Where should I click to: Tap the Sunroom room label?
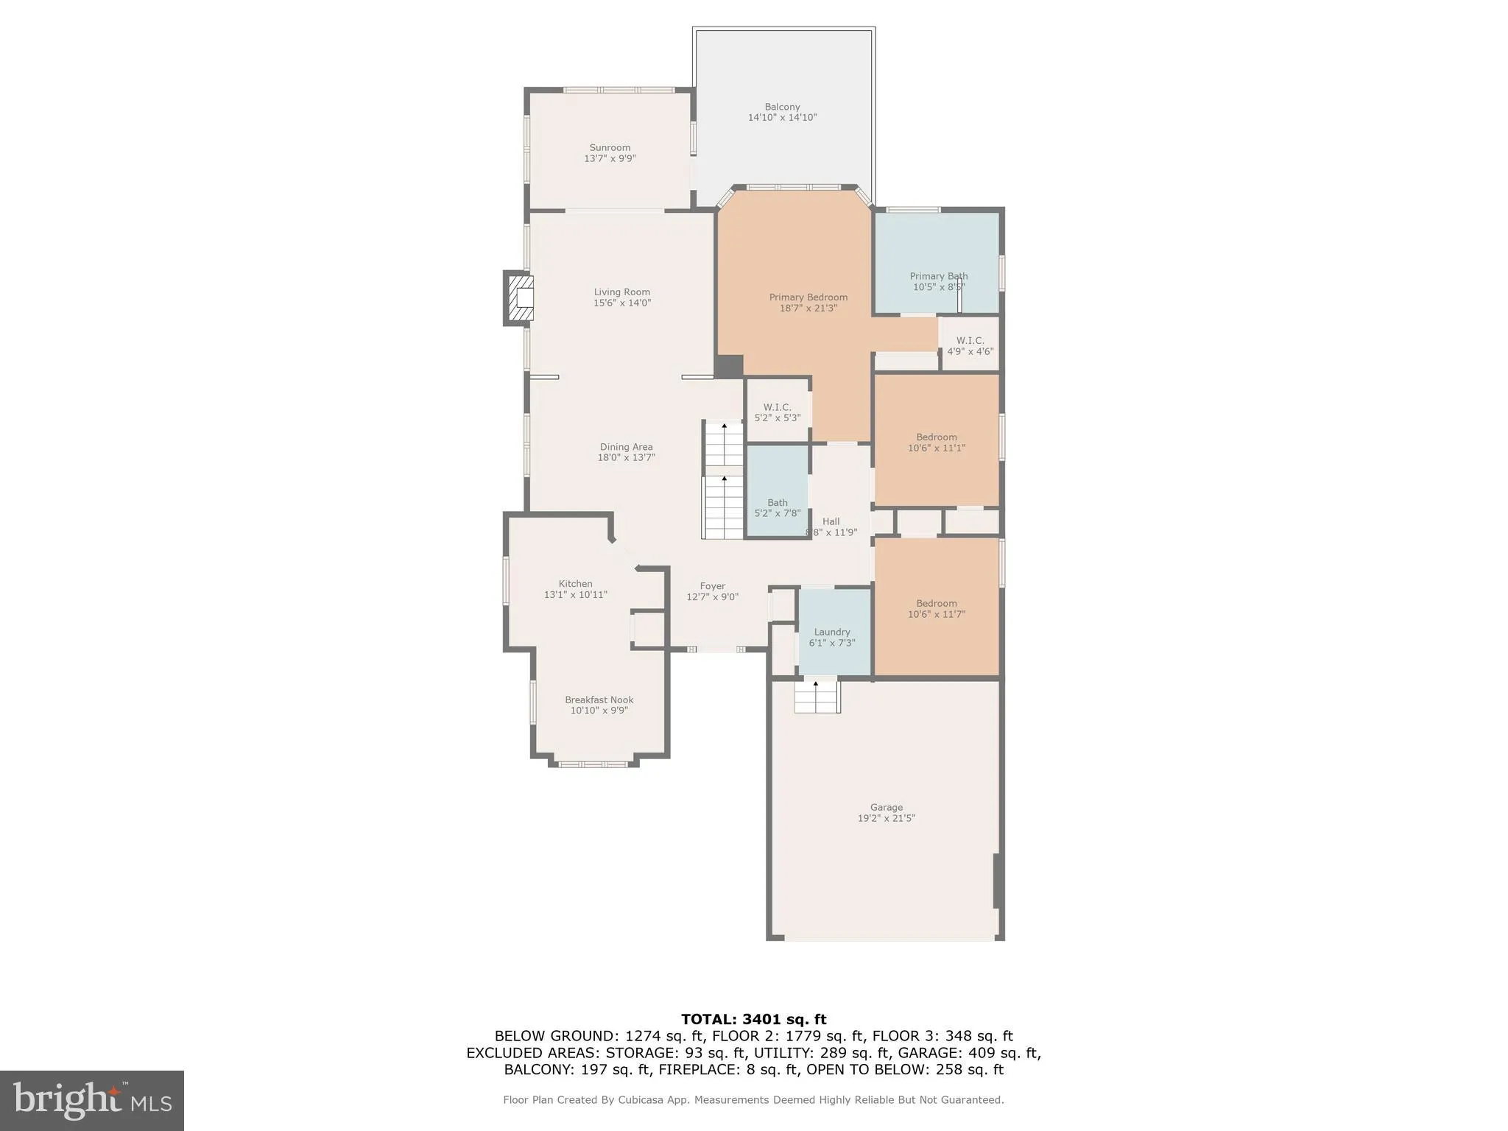click(610, 147)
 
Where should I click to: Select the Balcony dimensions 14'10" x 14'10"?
click(782, 117)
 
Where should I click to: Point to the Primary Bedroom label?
click(808, 297)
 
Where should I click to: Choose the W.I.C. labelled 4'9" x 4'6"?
click(970, 345)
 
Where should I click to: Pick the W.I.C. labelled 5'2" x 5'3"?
click(777, 412)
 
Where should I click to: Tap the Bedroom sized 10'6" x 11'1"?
click(936, 442)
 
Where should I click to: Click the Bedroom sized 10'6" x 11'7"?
click(936, 608)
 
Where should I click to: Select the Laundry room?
click(832, 637)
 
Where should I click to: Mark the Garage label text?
click(886, 807)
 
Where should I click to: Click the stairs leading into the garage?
click(817, 697)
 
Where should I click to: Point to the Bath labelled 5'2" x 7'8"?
click(777, 507)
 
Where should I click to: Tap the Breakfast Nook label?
click(599, 700)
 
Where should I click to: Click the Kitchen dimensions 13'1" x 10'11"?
click(575, 595)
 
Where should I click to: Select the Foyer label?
click(712, 586)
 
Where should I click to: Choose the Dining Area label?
click(626, 447)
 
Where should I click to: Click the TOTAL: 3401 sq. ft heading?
click(753, 1019)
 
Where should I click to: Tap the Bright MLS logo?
click(92, 1100)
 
